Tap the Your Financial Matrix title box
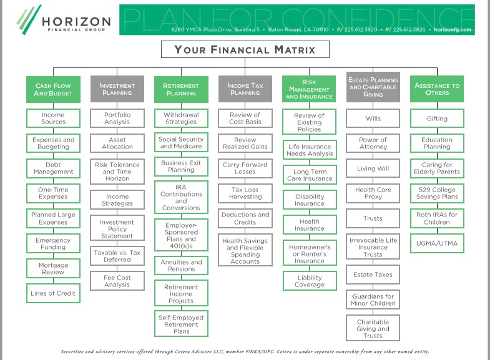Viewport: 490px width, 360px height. tap(245, 50)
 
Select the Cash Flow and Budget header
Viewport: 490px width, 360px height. tap(53, 90)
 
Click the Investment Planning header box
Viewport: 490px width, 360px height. tap(117, 90)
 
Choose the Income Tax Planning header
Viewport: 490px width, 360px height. tap(244, 90)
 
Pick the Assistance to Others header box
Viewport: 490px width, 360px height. tap(437, 90)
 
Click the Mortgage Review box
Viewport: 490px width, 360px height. tap(53, 268)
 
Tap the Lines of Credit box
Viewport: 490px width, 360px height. tap(53, 293)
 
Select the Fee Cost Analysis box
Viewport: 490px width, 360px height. tap(117, 281)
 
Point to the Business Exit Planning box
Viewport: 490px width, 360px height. tap(181, 166)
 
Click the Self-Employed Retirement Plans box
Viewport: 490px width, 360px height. tap(181, 324)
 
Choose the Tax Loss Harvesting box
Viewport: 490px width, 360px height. tap(244, 193)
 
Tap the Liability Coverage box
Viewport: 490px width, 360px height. tap(309, 281)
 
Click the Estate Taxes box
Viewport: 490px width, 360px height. tap(373, 275)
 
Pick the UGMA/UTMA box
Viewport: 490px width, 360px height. tap(437, 243)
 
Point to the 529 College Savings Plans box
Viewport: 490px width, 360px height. tap(437, 193)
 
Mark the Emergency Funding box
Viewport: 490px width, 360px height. tap(53, 243)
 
